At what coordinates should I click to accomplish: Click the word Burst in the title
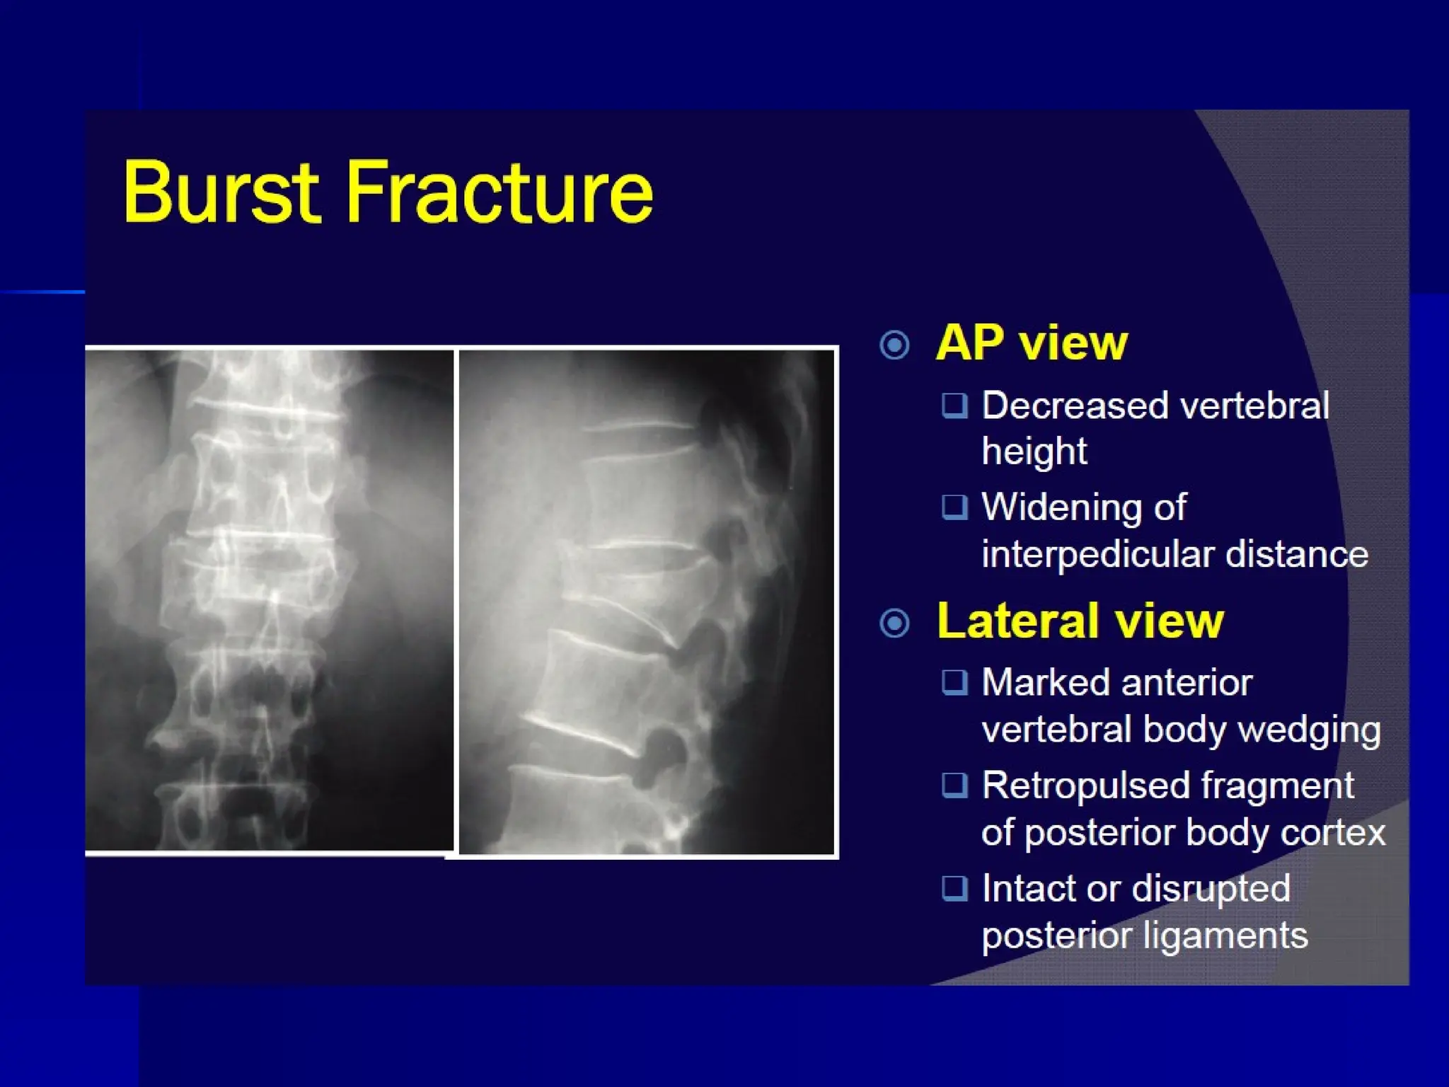pos(221,192)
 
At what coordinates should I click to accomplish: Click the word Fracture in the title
pos(499,192)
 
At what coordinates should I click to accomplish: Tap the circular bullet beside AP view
pos(894,345)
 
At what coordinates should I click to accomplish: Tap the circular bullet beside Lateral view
pos(894,623)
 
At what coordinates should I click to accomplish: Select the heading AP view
pos(1031,343)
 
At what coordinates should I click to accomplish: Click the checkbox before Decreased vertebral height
pos(954,406)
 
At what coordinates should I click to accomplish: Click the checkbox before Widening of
pos(954,507)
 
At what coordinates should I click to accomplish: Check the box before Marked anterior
pos(954,682)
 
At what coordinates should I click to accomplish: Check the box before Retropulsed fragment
pos(954,785)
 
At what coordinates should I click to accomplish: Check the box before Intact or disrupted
pos(954,887)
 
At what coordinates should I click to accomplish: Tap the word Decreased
pos(1075,406)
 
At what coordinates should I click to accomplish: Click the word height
pos(1034,452)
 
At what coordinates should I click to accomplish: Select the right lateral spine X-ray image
pos(646,602)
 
